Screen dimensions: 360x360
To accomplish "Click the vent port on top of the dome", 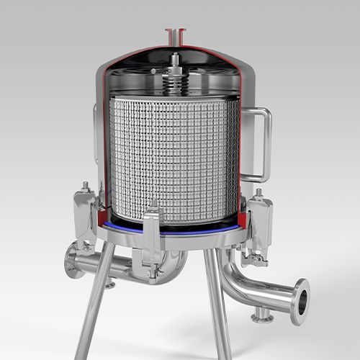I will pyautogui.click(x=175, y=33).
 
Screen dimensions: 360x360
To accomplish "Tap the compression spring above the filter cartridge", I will pyautogui.click(x=175, y=81).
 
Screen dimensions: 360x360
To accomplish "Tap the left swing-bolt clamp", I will pyautogui.click(x=86, y=212).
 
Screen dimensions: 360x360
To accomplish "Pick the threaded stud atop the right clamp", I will pyautogui.click(x=258, y=193).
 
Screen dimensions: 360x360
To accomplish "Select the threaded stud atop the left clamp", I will pyautogui.click(x=85, y=186).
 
